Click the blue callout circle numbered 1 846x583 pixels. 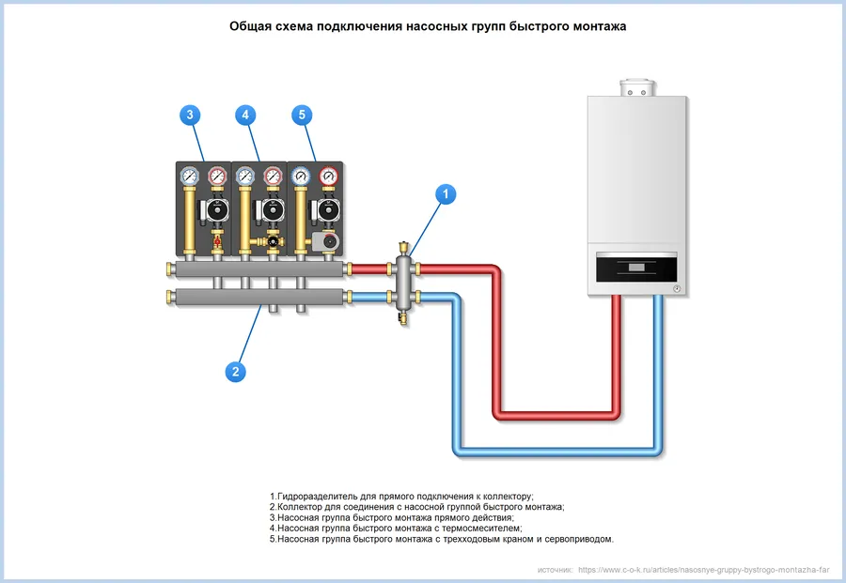point(446,194)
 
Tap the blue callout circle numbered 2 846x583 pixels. point(235,371)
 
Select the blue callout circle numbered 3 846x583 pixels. point(190,115)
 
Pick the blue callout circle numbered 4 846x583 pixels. point(245,115)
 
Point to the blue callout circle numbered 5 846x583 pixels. point(302,115)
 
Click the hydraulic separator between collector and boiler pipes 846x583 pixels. point(403,283)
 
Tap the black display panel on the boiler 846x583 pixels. point(636,268)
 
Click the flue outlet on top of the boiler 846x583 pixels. point(637,88)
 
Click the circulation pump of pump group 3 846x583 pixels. point(216,210)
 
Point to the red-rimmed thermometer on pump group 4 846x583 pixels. point(273,176)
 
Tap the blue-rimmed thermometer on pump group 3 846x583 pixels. point(189,176)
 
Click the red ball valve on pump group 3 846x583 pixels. point(217,240)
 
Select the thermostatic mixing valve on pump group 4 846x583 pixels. point(273,241)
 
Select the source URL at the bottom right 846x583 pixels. point(703,570)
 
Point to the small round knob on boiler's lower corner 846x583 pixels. point(677,289)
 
